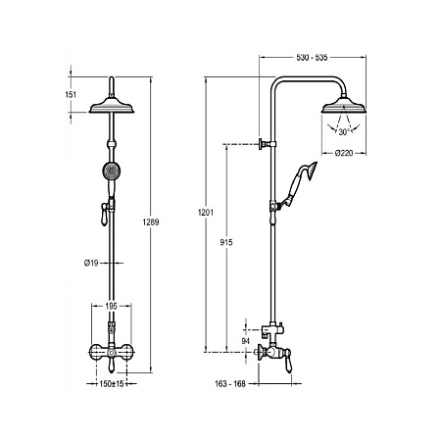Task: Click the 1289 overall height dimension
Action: [x=151, y=222]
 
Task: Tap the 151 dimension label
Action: [x=71, y=95]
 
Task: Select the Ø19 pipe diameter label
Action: [x=91, y=263]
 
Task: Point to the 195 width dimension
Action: [x=111, y=306]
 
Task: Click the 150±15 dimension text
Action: [x=112, y=384]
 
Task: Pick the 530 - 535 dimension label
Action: [x=312, y=58]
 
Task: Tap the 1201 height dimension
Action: [x=206, y=213]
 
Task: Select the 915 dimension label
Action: [x=226, y=242]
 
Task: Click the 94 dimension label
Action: [x=245, y=341]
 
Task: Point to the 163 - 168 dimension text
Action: [x=230, y=384]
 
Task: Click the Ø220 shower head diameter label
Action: [x=344, y=153]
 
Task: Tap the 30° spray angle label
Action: [x=344, y=132]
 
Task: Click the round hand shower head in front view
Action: [x=112, y=171]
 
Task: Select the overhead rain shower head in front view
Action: [x=112, y=106]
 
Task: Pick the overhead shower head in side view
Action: [x=343, y=105]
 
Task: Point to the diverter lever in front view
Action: [x=104, y=215]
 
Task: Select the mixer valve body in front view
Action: [x=112, y=352]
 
